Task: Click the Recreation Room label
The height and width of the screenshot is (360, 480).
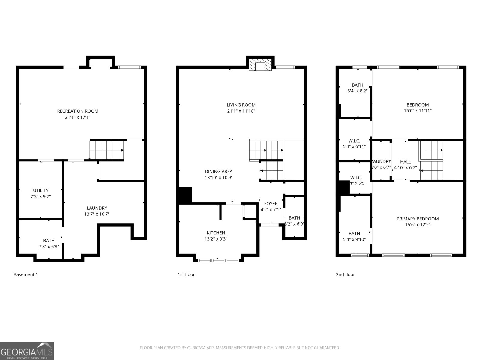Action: (78, 111)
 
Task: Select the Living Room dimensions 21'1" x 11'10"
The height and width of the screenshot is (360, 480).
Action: (241, 111)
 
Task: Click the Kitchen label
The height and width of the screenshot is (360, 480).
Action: (216, 233)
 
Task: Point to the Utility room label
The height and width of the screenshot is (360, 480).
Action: (41, 190)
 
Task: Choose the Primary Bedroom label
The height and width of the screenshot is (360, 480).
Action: (418, 219)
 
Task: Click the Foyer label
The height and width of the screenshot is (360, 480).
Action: (271, 204)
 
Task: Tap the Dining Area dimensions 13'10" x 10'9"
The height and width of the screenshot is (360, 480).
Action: (219, 178)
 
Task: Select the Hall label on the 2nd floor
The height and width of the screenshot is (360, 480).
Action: (405, 162)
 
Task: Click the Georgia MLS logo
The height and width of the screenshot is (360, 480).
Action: (27, 351)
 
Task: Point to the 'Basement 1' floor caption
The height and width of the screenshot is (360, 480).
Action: (26, 274)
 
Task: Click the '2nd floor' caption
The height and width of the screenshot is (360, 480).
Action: (345, 274)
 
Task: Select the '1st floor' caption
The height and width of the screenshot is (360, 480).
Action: (186, 274)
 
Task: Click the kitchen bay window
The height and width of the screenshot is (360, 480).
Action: (218, 260)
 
